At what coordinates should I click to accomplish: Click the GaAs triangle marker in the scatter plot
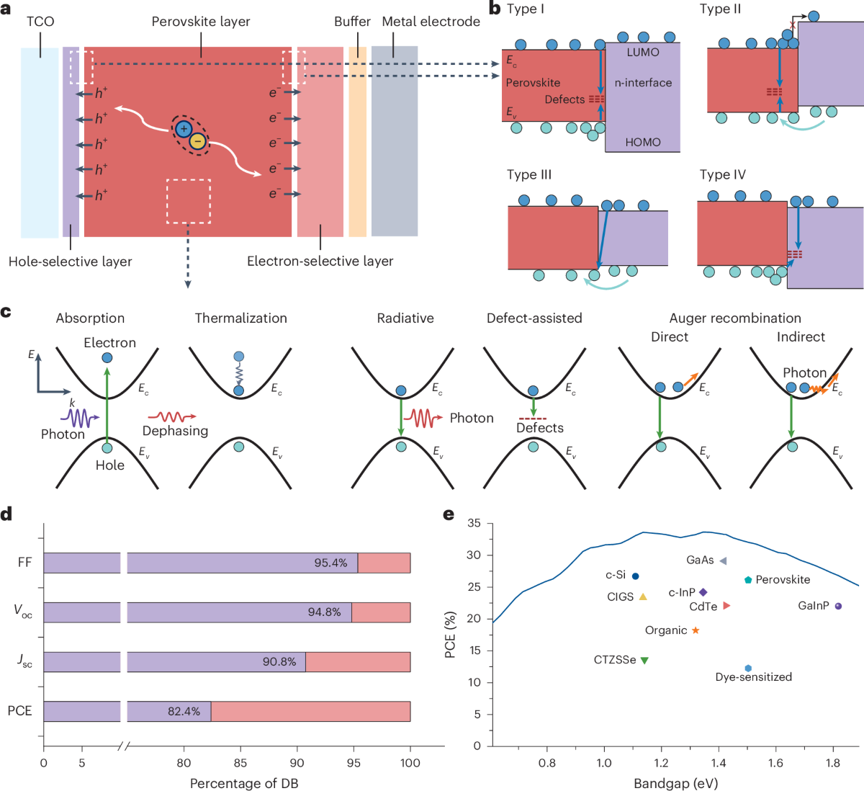(x=723, y=560)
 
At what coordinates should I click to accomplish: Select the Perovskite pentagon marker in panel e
(x=748, y=579)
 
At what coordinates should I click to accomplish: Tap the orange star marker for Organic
(x=696, y=630)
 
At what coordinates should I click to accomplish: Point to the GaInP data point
(x=838, y=606)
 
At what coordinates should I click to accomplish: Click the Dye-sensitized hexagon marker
(x=748, y=669)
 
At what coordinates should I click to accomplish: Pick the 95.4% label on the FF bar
(x=330, y=563)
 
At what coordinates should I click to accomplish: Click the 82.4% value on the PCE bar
(x=184, y=711)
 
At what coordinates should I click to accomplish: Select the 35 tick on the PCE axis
(x=474, y=523)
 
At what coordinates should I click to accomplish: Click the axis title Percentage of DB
(x=244, y=783)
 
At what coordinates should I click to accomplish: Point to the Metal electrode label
(x=431, y=22)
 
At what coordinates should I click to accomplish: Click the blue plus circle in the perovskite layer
(x=184, y=129)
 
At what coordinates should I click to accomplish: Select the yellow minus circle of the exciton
(x=197, y=142)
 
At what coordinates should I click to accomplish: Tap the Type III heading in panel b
(x=529, y=175)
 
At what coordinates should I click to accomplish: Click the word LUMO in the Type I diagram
(x=642, y=53)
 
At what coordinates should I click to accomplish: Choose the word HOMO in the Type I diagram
(x=642, y=142)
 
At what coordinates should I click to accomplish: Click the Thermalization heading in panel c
(x=240, y=318)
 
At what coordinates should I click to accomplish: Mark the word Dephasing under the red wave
(x=175, y=431)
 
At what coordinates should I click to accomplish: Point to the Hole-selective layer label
(x=71, y=262)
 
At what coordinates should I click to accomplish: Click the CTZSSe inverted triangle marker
(x=644, y=660)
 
